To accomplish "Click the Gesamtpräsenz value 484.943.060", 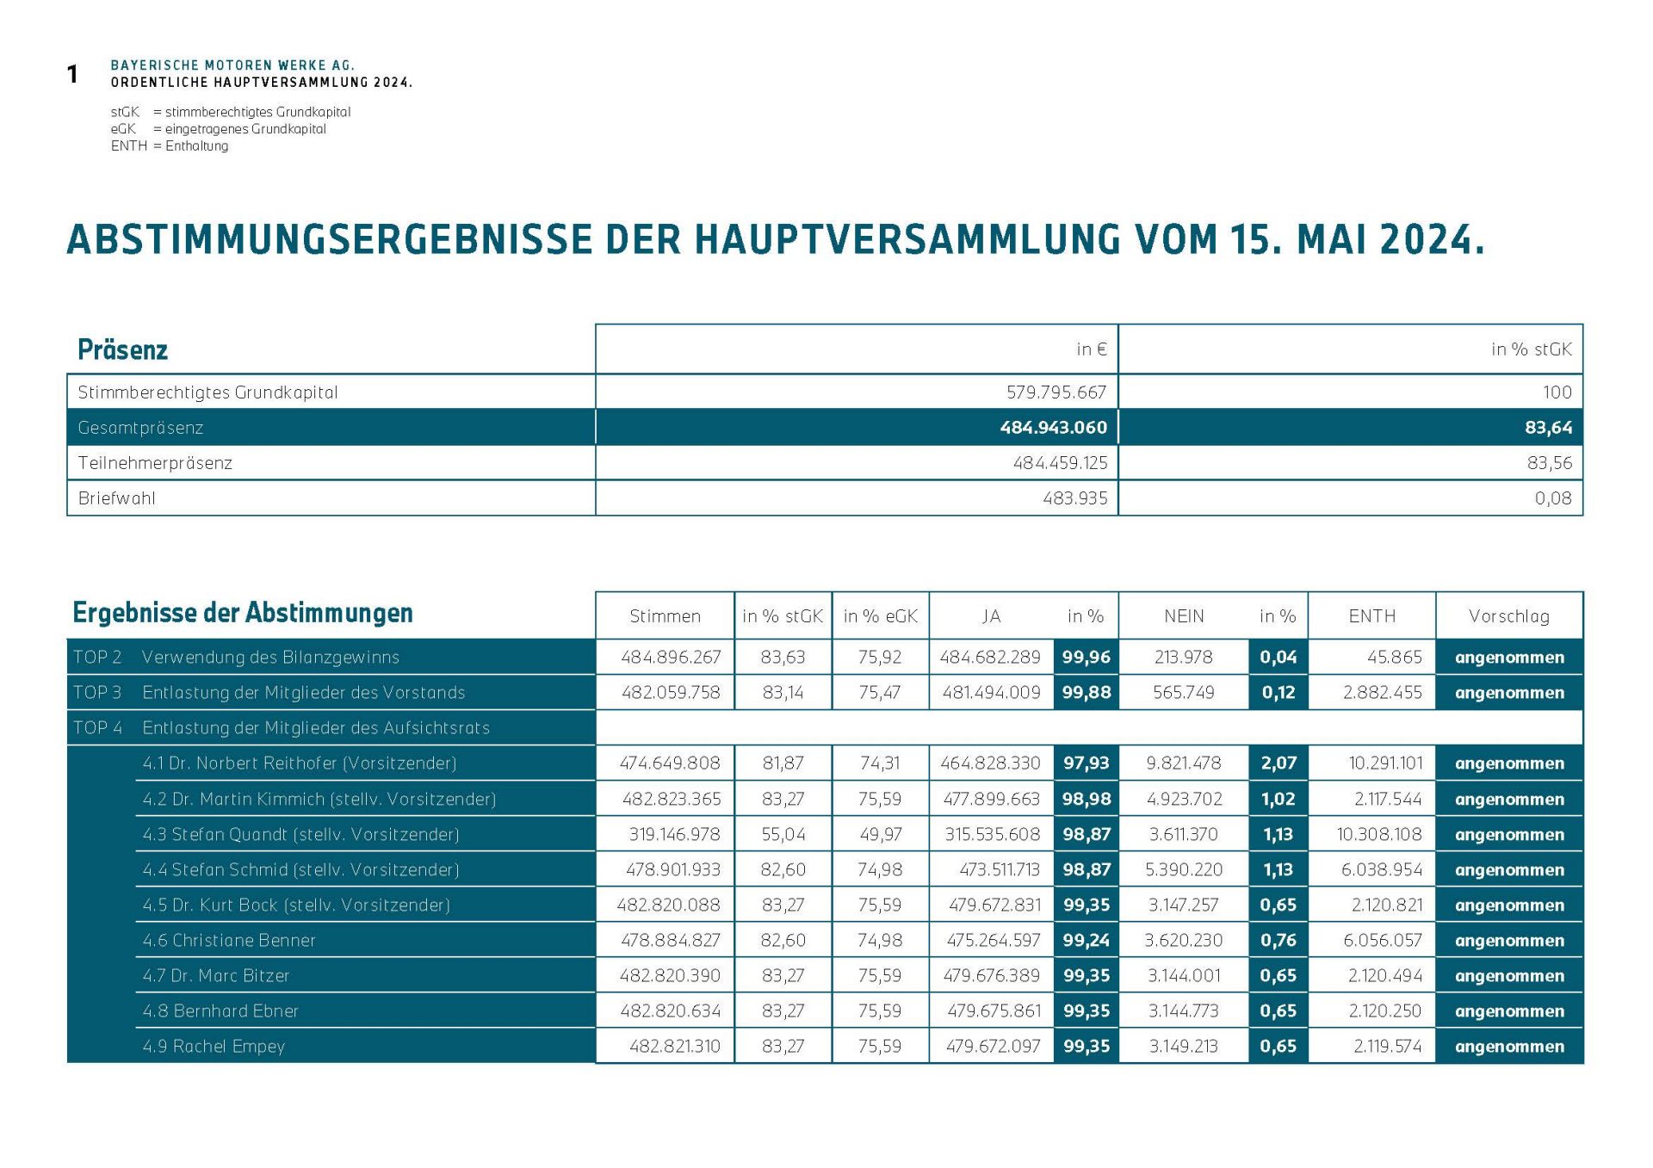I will pos(1053,428).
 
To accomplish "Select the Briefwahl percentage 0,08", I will pos(1552,498).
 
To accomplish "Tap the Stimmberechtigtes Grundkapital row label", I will pos(207,392).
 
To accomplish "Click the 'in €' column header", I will pos(1091,349).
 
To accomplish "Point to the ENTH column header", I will pos(1371,616).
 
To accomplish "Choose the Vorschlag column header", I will pos(1508,616).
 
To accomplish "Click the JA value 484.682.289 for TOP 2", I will pos(990,658).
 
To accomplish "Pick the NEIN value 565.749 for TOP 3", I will pos(1183,693).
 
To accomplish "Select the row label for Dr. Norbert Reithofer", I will pos(300,763).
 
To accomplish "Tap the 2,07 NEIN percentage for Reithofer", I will pos(1278,763).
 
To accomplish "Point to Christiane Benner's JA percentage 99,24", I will pos(1086,941).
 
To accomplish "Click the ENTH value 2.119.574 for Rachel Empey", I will pos(1387,1047).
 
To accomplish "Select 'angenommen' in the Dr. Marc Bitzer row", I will pos(1508,976).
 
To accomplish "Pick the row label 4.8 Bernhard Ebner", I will pos(220,1011).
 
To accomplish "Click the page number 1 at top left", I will pos(73,75).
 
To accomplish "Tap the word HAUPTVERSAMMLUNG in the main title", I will pos(907,240).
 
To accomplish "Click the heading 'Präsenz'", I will pos(122,350).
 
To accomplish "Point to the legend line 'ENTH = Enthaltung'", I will pos(170,146).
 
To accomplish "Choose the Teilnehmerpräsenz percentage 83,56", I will pos(1549,463).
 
